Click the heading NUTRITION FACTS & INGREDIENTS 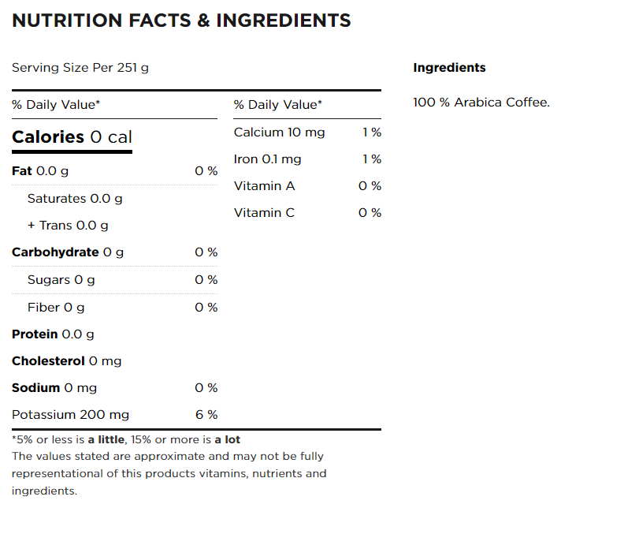[x=181, y=21]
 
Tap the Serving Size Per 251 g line [x=80, y=68]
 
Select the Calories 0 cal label [x=72, y=137]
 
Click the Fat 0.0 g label [x=40, y=171]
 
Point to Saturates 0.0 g [x=75, y=199]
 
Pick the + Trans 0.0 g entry [x=68, y=226]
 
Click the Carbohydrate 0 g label [x=68, y=252]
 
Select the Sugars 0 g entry [x=61, y=280]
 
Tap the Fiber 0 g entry [x=56, y=307]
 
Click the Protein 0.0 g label [x=53, y=334]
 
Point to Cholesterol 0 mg [x=67, y=361]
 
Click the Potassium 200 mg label [x=71, y=415]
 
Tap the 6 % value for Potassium [x=206, y=415]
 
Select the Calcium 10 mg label [x=279, y=133]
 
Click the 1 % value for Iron [x=372, y=159]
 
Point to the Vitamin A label [x=264, y=186]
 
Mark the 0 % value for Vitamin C [x=370, y=213]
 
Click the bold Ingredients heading [x=449, y=68]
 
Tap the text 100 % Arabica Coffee [x=481, y=103]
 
